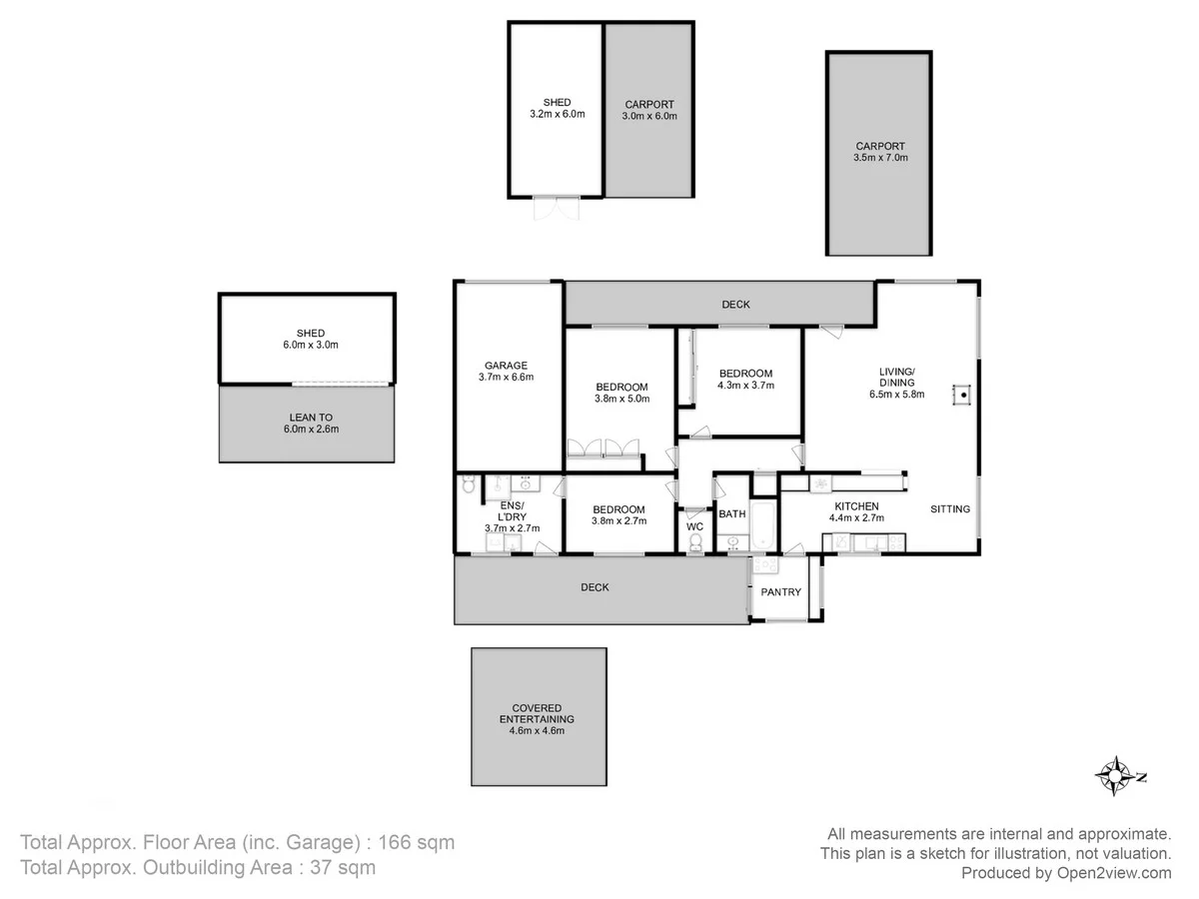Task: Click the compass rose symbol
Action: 1113,775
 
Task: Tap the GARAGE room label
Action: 507,366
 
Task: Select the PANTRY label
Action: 780,592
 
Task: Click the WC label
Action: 694,526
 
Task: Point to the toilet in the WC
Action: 695,542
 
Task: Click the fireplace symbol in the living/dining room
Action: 963,395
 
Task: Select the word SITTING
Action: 949,509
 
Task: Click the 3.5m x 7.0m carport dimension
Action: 880,158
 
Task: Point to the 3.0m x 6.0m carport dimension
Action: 649,116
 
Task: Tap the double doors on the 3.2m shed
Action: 557,208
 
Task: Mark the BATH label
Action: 732,514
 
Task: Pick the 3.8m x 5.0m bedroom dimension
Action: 621,400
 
